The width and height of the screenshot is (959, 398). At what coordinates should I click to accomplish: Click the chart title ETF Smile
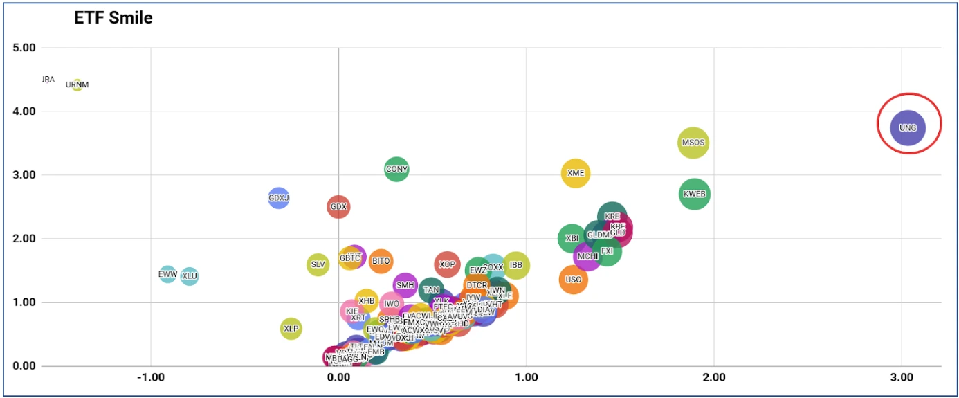pyautogui.click(x=113, y=19)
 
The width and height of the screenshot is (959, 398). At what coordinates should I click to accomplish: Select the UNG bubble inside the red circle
pyautogui.click(x=908, y=127)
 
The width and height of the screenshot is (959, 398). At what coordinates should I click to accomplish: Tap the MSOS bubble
pyautogui.click(x=693, y=143)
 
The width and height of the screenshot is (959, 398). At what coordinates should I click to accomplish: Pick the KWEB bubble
pyautogui.click(x=694, y=194)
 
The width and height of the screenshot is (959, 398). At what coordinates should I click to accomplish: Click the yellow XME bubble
pyautogui.click(x=576, y=173)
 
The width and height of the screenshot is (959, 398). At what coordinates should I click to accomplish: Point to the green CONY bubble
pyautogui.click(x=396, y=169)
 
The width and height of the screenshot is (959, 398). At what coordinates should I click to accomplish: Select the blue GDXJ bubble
pyautogui.click(x=278, y=198)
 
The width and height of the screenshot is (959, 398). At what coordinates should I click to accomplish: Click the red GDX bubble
pyautogui.click(x=338, y=206)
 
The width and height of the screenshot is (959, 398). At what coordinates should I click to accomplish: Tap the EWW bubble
pyautogui.click(x=168, y=275)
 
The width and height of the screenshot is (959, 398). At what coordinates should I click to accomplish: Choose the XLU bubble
pyautogui.click(x=189, y=276)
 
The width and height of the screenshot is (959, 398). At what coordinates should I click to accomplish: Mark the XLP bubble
pyautogui.click(x=291, y=328)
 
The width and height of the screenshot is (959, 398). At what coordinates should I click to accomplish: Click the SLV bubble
pyautogui.click(x=318, y=264)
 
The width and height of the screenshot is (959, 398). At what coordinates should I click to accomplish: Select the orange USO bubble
pyautogui.click(x=573, y=280)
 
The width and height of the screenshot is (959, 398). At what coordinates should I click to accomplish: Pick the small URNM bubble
pyautogui.click(x=77, y=84)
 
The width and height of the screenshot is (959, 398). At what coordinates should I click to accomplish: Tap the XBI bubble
pyautogui.click(x=572, y=238)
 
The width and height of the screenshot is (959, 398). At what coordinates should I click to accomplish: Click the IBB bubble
pyautogui.click(x=515, y=265)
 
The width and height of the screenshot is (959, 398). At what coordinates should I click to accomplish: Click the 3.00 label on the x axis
pyautogui.click(x=902, y=378)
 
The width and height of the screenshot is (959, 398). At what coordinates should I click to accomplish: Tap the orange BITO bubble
pyautogui.click(x=381, y=261)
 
